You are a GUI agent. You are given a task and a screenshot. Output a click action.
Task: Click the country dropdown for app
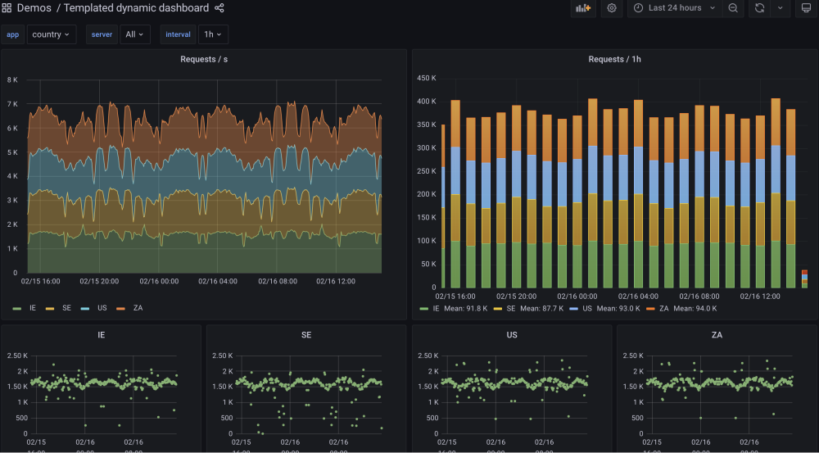(52, 34)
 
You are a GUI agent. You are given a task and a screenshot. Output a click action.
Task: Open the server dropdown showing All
(135, 34)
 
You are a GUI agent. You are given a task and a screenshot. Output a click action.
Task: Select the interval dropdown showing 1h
(213, 34)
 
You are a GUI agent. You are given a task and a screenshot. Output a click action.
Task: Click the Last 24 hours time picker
(674, 8)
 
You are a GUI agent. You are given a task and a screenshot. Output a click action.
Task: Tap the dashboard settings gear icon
(611, 8)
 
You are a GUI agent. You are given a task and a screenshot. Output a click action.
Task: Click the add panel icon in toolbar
(583, 8)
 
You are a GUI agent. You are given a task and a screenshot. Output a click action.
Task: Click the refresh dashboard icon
(759, 8)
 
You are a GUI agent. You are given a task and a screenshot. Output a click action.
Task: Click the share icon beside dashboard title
(219, 8)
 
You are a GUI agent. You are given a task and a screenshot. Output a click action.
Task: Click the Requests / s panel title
(204, 59)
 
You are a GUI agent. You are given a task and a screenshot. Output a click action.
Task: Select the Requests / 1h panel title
(614, 59)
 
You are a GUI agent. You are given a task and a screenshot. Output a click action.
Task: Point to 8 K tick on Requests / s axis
(12, 79)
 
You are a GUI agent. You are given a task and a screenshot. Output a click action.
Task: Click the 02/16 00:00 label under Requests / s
(159, 281)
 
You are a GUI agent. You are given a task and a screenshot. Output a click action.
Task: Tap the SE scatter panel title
(306, 335)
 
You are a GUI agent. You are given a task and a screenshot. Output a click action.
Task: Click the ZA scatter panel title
(717, 335)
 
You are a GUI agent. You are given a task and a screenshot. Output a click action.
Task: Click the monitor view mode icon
(804, 8)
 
